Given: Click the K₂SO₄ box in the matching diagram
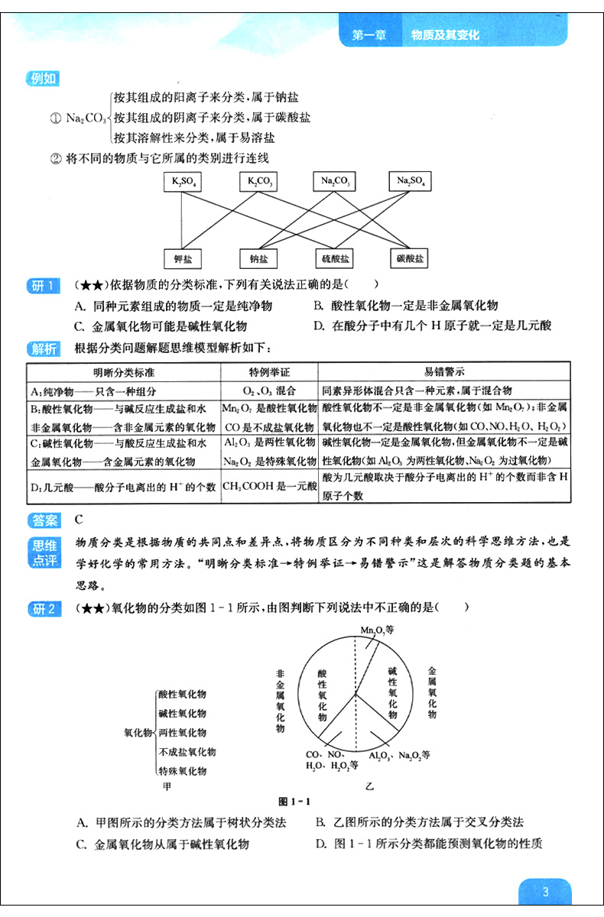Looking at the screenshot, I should point(183,182).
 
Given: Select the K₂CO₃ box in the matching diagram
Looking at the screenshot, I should point(258,182).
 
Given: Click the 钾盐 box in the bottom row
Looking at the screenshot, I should point(183,259).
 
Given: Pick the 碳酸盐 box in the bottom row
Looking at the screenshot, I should point(409,259).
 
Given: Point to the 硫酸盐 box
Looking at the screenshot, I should point(334,259).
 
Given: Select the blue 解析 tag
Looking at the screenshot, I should point(43,349).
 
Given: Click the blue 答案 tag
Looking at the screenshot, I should point(43,520).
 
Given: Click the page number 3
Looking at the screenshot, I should point(544,892).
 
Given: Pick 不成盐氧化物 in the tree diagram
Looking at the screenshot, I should point(187,753).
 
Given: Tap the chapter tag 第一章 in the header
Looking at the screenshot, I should point(368,35).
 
